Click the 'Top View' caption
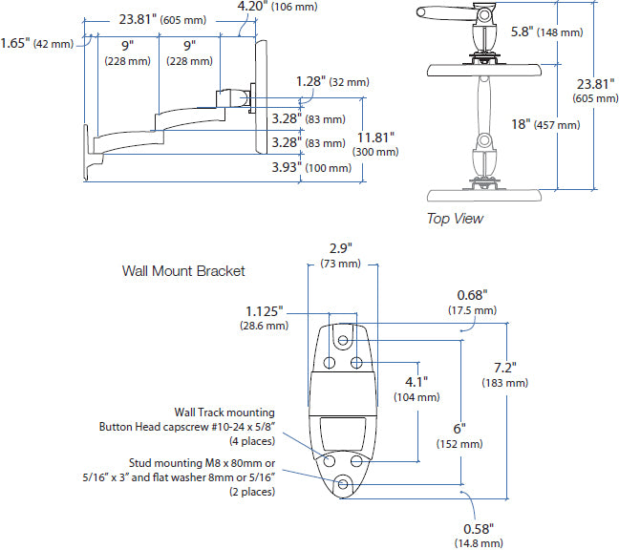(x=455, y=219)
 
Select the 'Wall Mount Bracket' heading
(x=183, y=270)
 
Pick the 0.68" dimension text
(x=472, y=294)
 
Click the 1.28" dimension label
(x=309, y=82)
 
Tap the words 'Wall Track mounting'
(x=224, y=412)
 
